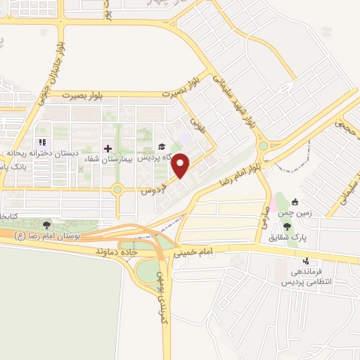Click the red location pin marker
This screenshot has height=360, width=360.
point(181,165)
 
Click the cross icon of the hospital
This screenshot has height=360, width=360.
point(108,148)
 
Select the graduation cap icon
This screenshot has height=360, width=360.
point(162,147)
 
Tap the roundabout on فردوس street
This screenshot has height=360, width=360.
point(117,189)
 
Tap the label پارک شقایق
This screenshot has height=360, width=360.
point(286,236)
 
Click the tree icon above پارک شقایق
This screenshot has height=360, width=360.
point(287,226)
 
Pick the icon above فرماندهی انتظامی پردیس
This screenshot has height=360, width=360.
point(304,262)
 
